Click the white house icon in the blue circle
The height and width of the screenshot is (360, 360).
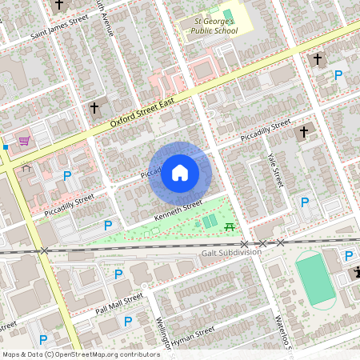180,172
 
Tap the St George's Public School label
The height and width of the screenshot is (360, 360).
215,25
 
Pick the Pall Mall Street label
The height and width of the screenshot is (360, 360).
119,305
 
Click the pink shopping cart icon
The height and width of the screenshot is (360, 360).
25,141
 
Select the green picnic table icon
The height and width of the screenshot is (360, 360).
230,227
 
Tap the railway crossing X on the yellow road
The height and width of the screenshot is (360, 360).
44,251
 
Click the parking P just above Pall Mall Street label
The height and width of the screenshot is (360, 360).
118,274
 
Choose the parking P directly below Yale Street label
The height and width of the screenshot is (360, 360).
305,202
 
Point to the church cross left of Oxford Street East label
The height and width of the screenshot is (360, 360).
94,107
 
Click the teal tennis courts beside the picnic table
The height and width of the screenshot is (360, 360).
209,221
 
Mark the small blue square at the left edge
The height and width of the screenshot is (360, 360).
5,147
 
